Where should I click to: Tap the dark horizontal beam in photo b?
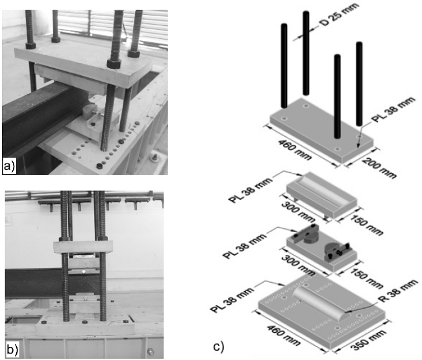click(x=32, y=283)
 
